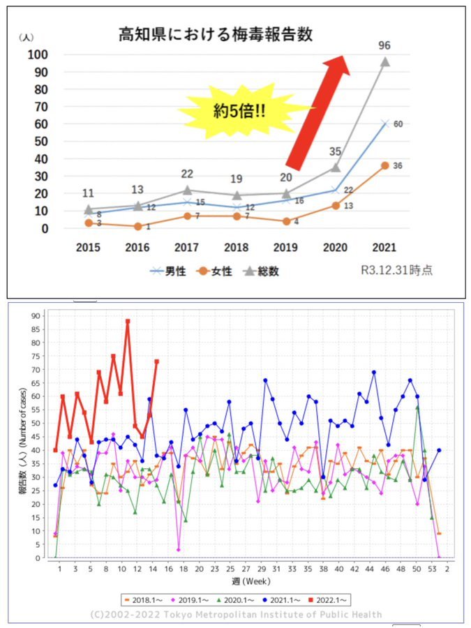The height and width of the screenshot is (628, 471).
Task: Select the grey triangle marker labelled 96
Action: (384, 61)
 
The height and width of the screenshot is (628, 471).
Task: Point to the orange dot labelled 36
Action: (384, 165)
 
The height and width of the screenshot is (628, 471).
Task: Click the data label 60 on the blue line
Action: (398, 124)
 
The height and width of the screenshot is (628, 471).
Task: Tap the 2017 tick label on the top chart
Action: (186, 248)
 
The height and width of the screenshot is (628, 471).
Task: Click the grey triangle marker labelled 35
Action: (335, 167)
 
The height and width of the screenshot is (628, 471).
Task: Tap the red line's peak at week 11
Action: (128, 321)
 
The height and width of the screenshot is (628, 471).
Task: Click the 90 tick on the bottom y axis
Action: (36, 315)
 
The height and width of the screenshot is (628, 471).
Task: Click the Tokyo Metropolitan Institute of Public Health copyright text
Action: (236, 614)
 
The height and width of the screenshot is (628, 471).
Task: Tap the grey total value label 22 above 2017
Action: (187, 174)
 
